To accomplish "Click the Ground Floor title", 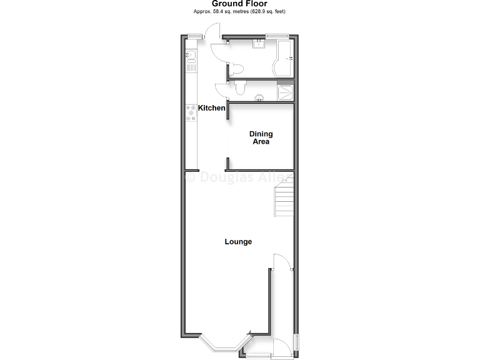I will (240, 4).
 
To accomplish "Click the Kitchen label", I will (212, 108).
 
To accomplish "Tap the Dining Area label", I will (261, 137).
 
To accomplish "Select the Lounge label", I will (238, 242).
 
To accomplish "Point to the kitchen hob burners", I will (191, 112).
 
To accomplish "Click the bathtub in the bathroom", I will (286, 58).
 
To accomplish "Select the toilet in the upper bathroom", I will (237, 69).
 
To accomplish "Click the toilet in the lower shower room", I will (241, 88).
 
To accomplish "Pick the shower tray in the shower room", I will (286, 92).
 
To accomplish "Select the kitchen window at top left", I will (194, 35).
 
